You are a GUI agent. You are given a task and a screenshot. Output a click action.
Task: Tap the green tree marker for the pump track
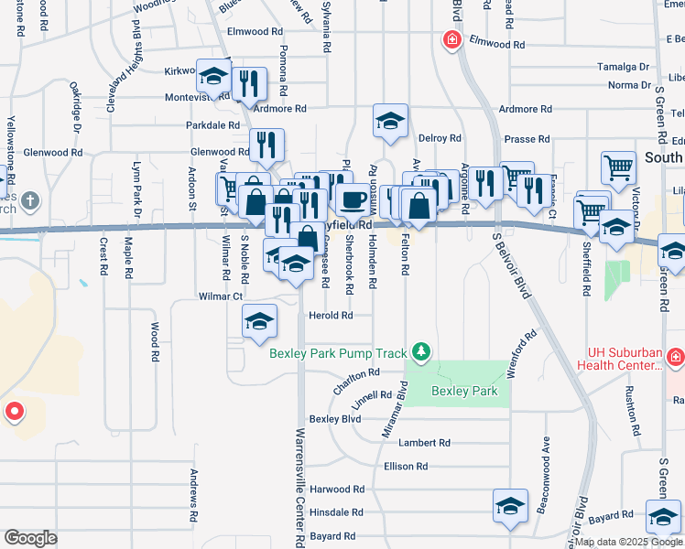[421, 351]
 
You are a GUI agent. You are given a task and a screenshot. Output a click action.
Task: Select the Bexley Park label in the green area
[464, 391]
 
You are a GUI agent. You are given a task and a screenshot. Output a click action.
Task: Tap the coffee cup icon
[353, 199]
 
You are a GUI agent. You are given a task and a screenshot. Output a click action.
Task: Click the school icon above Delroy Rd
[390, 121]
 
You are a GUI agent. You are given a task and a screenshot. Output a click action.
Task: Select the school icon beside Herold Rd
[259, 320]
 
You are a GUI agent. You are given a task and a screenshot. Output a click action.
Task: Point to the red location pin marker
[14, 411]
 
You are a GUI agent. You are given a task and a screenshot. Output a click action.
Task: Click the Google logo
[30, 537]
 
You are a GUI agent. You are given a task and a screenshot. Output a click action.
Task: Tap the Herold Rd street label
[331, 316]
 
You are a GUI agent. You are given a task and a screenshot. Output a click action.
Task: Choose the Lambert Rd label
[424, 442]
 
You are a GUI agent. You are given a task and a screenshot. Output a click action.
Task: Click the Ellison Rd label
[406, 466]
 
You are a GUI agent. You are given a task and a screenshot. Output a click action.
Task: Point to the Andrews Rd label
[194, 496]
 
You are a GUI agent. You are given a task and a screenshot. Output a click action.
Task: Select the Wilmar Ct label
[221, 296]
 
